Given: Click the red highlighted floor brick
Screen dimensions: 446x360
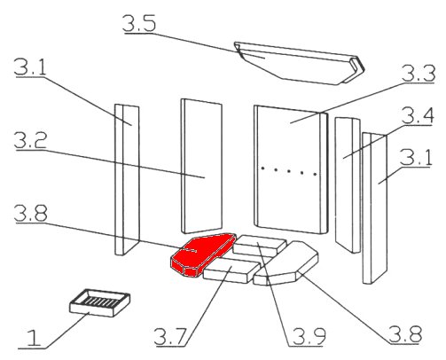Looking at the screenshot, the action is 201,254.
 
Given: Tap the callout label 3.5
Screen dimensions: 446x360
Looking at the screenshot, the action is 139,23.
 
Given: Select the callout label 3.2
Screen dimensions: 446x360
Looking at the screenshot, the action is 30,140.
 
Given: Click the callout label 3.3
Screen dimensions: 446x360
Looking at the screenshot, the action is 419,74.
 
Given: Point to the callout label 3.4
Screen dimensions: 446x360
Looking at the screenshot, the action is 418,115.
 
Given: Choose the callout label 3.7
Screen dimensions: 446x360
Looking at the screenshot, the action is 170,336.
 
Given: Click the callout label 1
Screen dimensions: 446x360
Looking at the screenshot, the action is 34,339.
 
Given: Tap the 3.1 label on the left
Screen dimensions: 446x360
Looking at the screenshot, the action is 30,67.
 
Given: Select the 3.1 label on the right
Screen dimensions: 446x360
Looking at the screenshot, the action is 416,157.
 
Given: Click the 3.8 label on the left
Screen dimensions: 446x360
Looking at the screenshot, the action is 31,213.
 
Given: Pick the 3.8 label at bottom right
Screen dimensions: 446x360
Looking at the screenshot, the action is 405,334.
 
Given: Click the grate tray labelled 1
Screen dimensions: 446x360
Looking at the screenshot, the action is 100,302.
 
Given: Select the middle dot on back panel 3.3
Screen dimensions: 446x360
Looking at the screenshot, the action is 289,171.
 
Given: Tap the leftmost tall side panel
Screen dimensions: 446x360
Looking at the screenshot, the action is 127,180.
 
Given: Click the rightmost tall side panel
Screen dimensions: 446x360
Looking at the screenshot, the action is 375,208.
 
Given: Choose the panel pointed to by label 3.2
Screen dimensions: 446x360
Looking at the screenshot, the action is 201,166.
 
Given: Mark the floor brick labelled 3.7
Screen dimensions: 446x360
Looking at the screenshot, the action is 231,271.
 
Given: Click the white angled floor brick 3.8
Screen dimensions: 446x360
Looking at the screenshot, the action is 286,263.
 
